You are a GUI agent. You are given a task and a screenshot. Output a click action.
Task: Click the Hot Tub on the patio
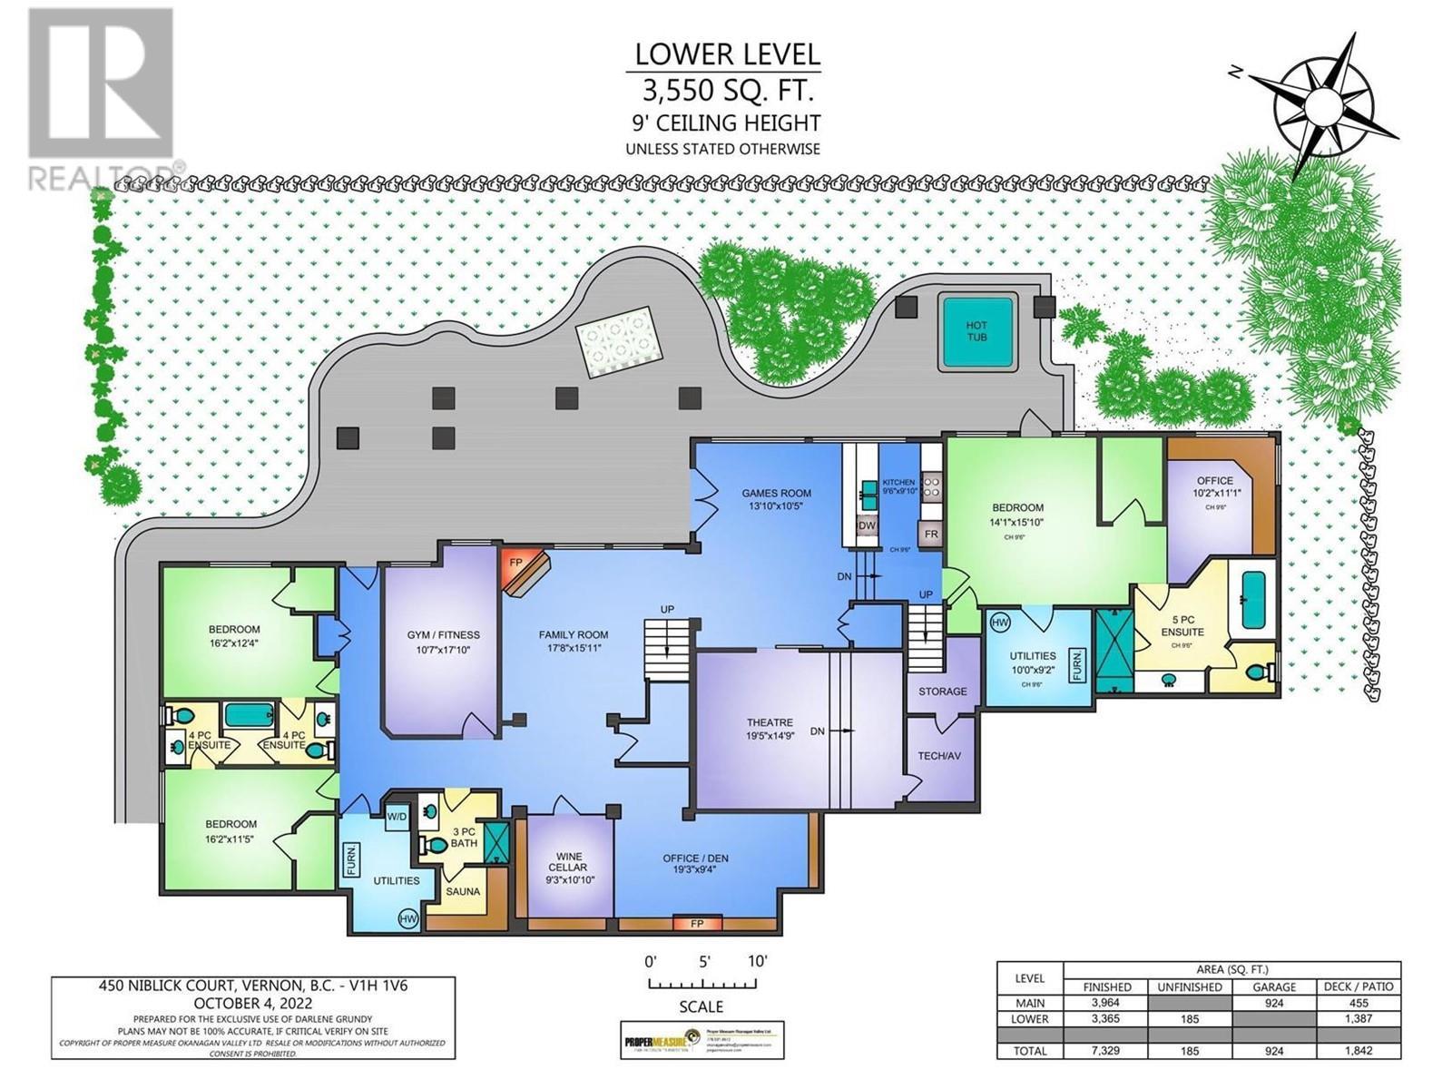point(976,331)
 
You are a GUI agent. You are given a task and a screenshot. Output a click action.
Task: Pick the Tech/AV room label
point(940,756)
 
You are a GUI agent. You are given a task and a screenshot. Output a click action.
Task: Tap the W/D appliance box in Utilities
point(397,816)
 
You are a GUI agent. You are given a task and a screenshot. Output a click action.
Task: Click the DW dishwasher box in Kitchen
point(866,525)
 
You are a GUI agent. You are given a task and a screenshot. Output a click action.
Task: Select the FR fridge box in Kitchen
point(931,535)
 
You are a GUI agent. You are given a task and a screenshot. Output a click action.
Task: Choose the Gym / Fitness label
point(443,635)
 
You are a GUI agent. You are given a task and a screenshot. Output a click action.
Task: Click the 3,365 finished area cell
point(1107,1019)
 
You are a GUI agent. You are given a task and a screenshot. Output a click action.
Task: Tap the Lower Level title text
point(727,54)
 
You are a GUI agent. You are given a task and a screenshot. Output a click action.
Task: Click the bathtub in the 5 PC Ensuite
point(1253,600)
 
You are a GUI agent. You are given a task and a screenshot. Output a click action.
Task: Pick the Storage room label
point(943,692)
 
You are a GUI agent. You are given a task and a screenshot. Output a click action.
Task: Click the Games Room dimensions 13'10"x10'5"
point(776,505)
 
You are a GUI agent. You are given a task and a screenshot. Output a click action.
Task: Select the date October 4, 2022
point(252,1004)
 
